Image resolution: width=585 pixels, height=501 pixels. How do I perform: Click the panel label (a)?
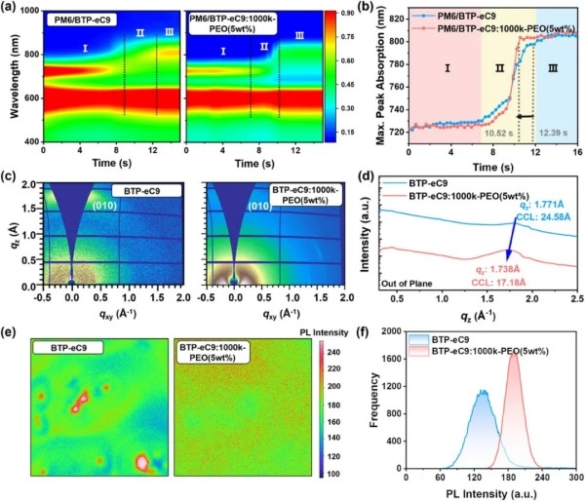coord(13,9)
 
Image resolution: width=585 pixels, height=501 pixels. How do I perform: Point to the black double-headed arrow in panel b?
coord(525,116)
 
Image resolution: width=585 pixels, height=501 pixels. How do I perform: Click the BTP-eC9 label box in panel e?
coord(67,347)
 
